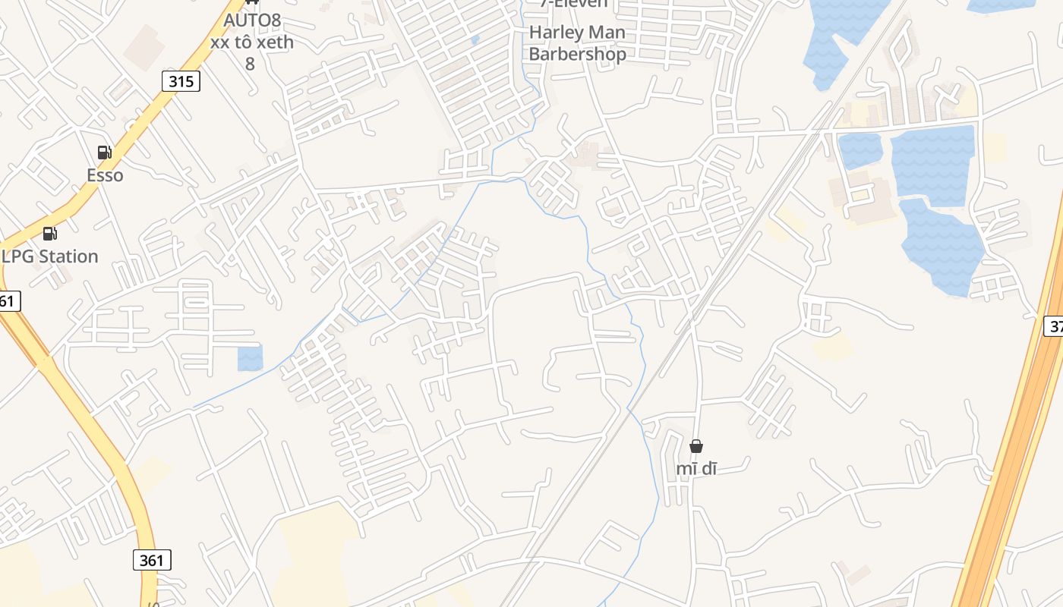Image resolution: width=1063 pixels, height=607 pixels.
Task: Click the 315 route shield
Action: (x=181, y=81)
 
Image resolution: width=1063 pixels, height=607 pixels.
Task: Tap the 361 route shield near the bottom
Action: (x=152, y=560)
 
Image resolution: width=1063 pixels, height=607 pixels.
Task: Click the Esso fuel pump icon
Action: (x=105, y=153)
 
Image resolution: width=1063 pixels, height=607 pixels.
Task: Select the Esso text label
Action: (x=105, y=175)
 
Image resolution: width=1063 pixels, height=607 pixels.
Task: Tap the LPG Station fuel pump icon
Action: (x=50, y=234)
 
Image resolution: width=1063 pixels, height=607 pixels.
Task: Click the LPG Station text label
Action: (x=50, y=256)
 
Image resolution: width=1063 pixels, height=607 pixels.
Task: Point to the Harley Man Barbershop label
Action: (x=577, y=43)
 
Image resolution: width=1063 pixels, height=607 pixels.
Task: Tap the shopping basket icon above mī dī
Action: (x=696, y=446)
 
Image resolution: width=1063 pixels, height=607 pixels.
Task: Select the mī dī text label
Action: (x=696, y=469)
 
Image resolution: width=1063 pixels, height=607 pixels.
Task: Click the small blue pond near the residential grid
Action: (x=250, y=358)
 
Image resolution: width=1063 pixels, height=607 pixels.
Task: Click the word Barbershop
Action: (x=577, y=54)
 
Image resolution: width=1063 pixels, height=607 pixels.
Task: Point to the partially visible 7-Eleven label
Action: (x=573, y=4)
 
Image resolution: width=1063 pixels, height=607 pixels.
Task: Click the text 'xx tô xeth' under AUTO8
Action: (x=252, y=42)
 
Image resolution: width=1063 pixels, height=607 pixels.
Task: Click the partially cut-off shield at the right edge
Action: (x=1055, y=326)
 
